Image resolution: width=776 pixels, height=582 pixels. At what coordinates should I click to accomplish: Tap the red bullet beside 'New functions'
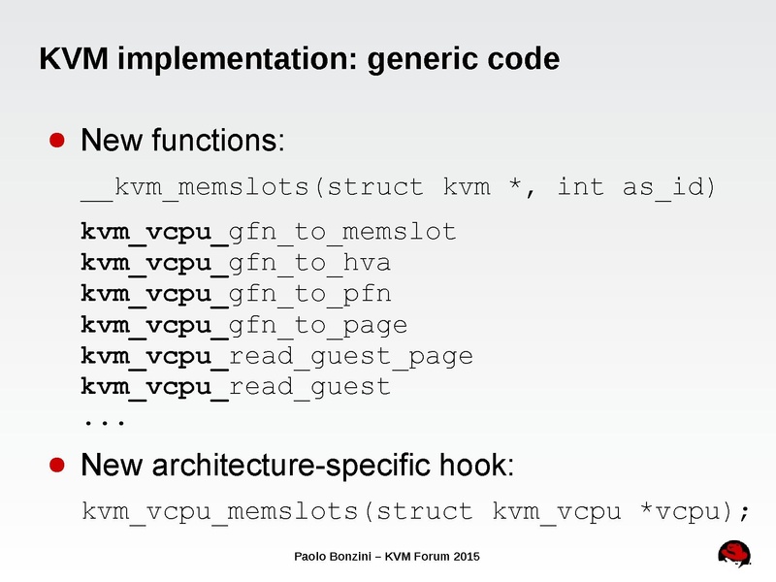point(58,140)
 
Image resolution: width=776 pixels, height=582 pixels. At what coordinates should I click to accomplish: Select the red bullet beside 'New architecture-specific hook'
point(58,465)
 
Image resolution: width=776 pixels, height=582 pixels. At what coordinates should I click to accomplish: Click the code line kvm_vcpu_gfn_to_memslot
point(268,232)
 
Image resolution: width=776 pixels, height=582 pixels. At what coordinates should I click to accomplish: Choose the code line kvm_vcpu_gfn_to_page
point(243,325)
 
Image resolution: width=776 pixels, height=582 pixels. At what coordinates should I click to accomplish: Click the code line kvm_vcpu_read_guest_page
point(276,356)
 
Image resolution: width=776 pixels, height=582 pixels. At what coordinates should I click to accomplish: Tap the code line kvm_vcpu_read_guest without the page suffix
point(236,387)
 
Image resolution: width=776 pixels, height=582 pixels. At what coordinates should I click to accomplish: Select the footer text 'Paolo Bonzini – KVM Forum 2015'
point(387,556)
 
